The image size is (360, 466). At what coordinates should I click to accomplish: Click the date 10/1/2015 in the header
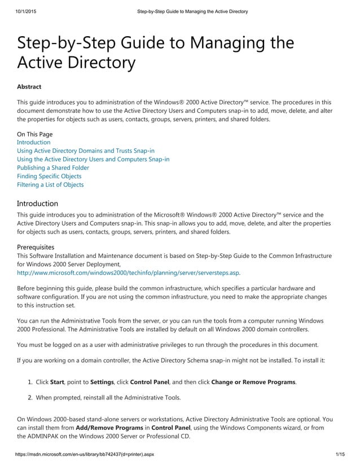click(22, 11)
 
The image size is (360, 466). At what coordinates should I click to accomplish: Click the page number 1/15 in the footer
click(340, 454)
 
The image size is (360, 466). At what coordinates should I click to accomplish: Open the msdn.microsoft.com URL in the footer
click(85, 454)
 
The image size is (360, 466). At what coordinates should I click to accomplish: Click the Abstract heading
click(29, 87)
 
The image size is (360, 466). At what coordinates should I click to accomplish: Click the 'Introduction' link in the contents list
click(33, 143)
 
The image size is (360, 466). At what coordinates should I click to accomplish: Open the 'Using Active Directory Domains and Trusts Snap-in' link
click(85, 151)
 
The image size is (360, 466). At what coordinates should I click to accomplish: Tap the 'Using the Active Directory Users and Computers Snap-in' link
click(93, 160)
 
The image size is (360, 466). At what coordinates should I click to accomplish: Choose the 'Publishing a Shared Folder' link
click(52, 168)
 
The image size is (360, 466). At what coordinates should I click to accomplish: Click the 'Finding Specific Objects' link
click(49, 177)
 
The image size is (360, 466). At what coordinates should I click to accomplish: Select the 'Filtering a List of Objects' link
click(50, 185)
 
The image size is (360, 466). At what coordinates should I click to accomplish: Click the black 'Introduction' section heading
click(37, 203)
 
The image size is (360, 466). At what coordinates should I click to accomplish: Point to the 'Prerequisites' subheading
click(36, 247)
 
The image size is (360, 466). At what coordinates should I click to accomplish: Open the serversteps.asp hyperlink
click(128, 272)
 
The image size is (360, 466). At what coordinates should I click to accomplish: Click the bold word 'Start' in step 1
click(57, 382)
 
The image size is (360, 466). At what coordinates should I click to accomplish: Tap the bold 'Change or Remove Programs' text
click(253, 382)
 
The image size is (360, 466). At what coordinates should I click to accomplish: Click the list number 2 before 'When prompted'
click(30, 398)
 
